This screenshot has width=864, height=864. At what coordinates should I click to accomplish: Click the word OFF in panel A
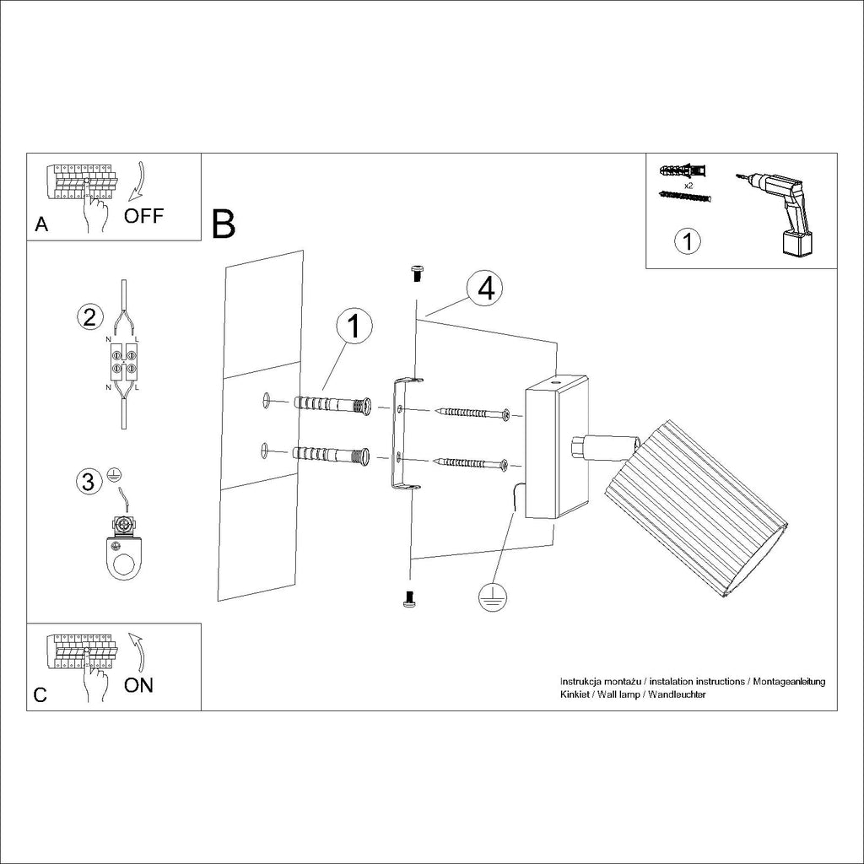click(143, 215)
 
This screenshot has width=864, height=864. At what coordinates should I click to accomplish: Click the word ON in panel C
click(139, 684)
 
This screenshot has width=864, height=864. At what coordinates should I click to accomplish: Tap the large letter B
click(224, 223)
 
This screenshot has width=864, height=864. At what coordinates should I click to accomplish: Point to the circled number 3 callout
click(86, 482)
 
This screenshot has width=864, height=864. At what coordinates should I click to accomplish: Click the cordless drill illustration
click(780, 211)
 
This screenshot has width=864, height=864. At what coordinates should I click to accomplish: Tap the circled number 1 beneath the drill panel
click(688, 242)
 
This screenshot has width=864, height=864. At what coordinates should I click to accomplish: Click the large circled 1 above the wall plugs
click(355, 326)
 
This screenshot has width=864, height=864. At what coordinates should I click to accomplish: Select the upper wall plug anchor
click(332, 405)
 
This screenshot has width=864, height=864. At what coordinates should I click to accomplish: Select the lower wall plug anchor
click(332, 455)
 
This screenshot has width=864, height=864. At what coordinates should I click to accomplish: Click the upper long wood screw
click(472, 413)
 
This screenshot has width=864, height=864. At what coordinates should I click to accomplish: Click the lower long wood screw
click(472, 462)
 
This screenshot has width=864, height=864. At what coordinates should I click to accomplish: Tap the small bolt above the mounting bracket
click(415, 272)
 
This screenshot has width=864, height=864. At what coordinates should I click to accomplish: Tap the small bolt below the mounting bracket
click(409, 599)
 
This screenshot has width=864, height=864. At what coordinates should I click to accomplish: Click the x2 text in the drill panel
click(688, 185)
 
